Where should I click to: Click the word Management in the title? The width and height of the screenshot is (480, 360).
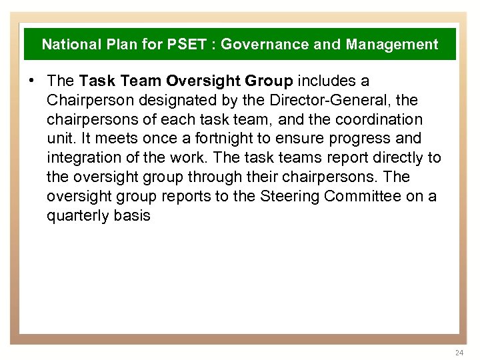(x=392, y=45)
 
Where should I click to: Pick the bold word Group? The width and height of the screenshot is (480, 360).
(x=269, y=81)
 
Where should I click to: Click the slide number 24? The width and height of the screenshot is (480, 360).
(x=458, y=352)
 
